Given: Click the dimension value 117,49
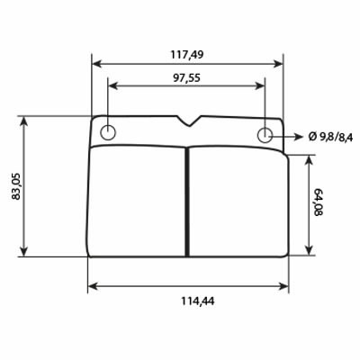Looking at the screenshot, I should tap(186, 54).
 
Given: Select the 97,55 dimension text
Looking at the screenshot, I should tap(186, 76).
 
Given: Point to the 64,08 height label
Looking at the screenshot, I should tap(318, 204).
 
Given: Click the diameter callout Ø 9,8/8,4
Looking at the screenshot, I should tap(331, 136).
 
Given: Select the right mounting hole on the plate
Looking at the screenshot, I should tap(265, 135).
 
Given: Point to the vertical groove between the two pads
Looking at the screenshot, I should tap(186, 202).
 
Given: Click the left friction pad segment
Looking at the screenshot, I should tap(138, 202).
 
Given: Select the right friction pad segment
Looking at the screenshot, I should tap(236, 202).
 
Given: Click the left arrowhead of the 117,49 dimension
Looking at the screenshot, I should tap(96, 64).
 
